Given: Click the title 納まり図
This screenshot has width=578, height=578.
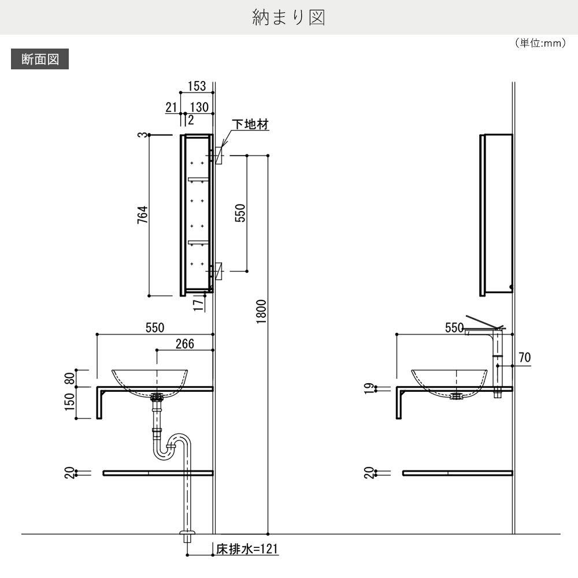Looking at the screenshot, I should (x=288, y=17).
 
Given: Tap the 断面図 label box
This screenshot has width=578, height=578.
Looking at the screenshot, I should (x=40, y=60).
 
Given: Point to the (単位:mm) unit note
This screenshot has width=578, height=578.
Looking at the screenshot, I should (x=539, y=43).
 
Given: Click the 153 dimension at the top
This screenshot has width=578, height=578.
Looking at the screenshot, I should (x=197, y=86).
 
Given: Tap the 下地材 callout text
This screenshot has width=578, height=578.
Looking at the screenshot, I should (x=250, y=125).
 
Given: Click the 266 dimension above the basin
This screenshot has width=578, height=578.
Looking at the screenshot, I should (x=184, y=344).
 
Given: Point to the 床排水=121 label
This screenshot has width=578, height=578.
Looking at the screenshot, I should (x=247, y=549).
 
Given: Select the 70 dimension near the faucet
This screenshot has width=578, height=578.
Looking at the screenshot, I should (x=524, y=358).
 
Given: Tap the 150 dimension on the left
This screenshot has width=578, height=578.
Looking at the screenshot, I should (x=70, y=402).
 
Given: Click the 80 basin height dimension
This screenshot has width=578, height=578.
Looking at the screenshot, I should (x=70, y=378).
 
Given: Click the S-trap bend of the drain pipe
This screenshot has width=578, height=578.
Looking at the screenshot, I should (x=173, y=445).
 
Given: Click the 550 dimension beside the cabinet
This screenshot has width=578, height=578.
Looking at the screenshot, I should (x=240, y=213).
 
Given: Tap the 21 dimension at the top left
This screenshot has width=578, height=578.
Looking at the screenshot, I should (x=171, y=107).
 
